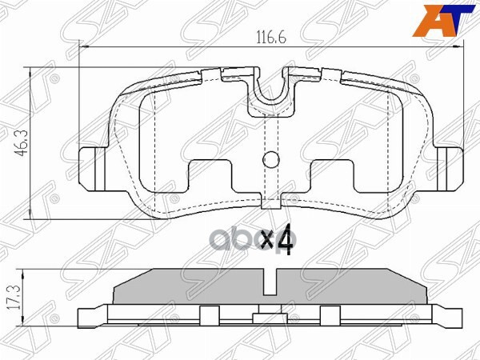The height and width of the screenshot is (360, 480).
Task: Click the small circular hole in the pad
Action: coord(271,160)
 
